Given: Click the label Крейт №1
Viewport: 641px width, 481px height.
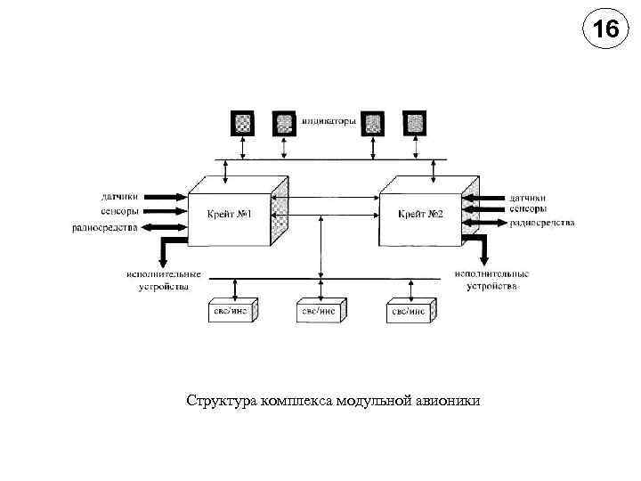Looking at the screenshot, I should pyautogui.click(x=231, y=216).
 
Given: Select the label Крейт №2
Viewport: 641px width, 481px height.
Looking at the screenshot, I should pyautogui.click(x=420, y=216).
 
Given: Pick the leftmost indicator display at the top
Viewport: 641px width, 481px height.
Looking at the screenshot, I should pyautogui.click(x=243, y=122).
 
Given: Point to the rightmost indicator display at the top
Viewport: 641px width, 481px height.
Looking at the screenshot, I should pyautogui.click(x=414, y=122).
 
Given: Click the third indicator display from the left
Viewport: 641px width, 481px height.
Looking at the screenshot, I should pyautogui.click(x=373, y=122).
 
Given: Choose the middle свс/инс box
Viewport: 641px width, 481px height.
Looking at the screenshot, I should pyautogui.click(x=320, y=310).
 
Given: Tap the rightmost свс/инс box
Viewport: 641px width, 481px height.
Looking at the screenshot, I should pyautogui.click(x=410, y=311).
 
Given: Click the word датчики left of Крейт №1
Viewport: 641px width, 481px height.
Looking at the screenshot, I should pyautogui.click(x=119, y=197).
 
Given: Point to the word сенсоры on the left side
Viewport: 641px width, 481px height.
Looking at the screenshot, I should pyautogui.click(x=119, y=211).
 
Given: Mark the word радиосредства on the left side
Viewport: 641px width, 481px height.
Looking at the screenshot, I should pyautogui.click(x=104, y=227).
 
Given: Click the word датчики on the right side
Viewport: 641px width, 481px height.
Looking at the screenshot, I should pyautogui.click(x=528, y=197).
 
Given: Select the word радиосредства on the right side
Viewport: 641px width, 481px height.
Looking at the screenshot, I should pyautogui.click(x=542, y=222).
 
